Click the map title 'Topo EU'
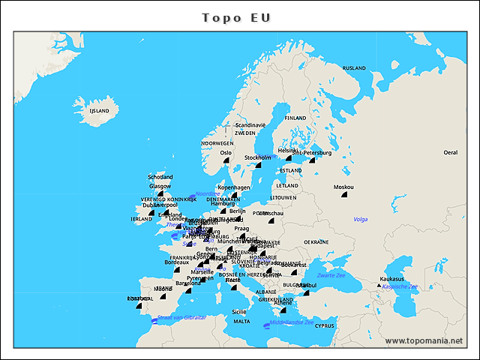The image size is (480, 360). coord(240,17)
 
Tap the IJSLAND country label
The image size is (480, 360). coord(99,111)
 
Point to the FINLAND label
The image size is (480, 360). coord(295,118)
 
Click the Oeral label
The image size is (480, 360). coord(450,152)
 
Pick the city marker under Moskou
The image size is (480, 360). coord(344,194)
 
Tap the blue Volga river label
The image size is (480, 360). coord(361,219)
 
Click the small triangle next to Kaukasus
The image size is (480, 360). coord(379,285)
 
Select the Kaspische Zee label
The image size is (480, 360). coord(399,286)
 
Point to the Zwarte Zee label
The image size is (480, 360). coord(330,275)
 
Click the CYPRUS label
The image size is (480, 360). coord(324,325)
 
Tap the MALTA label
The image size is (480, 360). coord(241,321)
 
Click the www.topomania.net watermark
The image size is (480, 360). coord(424,340)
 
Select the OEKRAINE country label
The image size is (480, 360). coord(316,242)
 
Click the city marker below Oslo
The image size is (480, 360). coord(225,160)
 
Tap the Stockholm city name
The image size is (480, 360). coord(257,157)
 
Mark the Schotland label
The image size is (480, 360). coord(160,178)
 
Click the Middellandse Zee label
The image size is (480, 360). coord(292,322)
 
